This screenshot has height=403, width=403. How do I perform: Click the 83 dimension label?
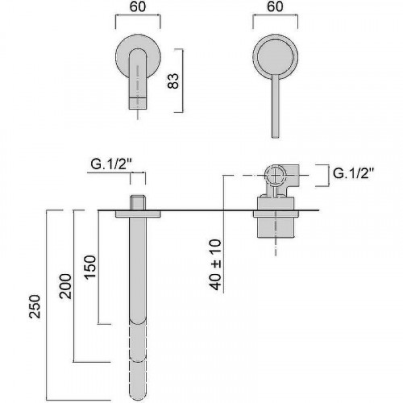[173, 81]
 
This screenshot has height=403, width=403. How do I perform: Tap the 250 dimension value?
[35, 307]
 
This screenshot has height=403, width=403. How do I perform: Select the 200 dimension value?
[65, 286]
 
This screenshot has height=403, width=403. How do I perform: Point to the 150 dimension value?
[90, 268]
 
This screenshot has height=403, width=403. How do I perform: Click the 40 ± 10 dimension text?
[216, 265]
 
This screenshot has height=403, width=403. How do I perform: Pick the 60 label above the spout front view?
[138, 6]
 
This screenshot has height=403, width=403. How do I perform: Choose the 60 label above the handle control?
[275, 6]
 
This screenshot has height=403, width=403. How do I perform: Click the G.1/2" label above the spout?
[111, 164]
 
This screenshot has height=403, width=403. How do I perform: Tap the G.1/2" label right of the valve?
[354, 173]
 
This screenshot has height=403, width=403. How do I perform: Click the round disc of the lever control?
[276, 57]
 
